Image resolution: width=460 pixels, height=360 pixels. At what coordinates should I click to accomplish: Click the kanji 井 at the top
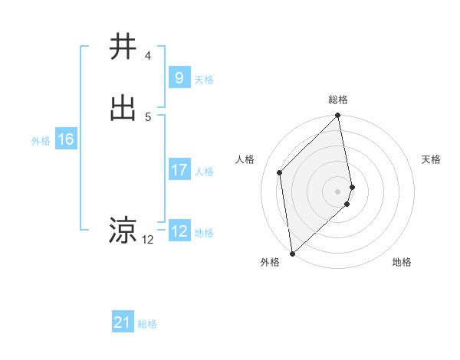[x=123, y=47]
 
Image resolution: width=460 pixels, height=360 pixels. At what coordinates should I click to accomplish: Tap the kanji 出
[x=123, y=108]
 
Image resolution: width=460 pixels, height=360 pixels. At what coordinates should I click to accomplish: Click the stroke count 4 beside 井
[x=148, y=56]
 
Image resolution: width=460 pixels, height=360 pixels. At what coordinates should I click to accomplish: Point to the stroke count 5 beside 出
[x=148, y=116]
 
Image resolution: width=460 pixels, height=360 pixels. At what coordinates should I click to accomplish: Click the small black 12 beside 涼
[x=148, y=240]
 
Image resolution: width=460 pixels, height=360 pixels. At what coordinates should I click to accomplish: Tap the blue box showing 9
[x=179, y=77]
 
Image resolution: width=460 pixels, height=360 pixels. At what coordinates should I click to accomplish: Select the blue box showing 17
[x=179, y=170]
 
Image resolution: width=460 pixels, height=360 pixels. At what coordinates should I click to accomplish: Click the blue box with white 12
[x=179, y=231]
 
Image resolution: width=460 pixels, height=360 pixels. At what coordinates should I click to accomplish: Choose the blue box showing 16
[x=66, y=139]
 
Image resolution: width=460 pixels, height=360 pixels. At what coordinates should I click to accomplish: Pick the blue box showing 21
[x=122, y=322]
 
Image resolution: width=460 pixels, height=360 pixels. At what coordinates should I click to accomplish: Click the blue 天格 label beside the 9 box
[x=204, y=80]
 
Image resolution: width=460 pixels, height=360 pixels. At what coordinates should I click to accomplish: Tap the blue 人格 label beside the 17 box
[x=204, y=172]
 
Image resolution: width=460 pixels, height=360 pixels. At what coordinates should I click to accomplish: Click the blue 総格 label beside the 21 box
[x=147, y=325]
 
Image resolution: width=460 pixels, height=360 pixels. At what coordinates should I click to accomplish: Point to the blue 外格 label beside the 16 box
[x=41, y=141]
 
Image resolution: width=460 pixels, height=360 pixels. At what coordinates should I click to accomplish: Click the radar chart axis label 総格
[x=338, y=100]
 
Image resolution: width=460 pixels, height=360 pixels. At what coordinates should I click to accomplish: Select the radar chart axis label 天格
[x=431, y=159]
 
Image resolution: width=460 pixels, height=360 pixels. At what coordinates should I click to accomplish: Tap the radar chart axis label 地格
[x=402, y=263]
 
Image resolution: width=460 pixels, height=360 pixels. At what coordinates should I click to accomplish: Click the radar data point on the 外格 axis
[x=291, y=253]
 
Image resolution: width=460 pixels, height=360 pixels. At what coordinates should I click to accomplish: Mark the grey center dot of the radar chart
[x=338, y=191]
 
